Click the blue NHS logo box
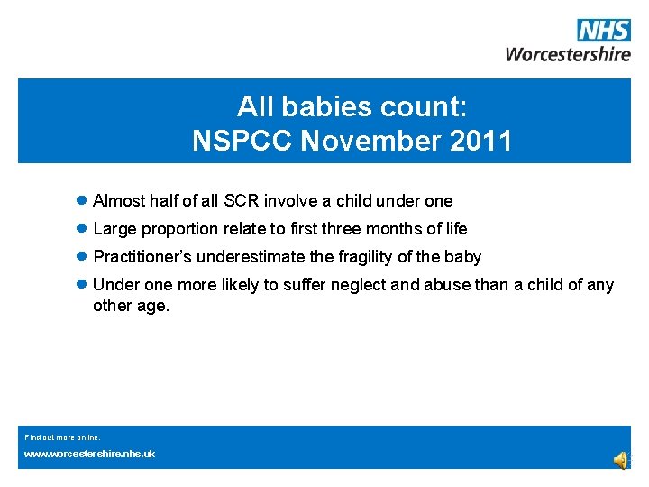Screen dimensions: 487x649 (x=603, y=31)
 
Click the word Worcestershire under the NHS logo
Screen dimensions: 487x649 (x=568, y=53)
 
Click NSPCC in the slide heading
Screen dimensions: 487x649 (x=241, y=141)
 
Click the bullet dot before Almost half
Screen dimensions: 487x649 (x=81, y=200)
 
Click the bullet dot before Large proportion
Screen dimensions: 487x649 (x=81, y=228)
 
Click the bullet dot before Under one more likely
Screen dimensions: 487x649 (x=81, y=284)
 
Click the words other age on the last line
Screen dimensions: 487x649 (x=131, y=306)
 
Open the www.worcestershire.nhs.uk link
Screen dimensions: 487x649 (x=89, y=454)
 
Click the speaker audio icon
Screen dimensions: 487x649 (x=621, y=460)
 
